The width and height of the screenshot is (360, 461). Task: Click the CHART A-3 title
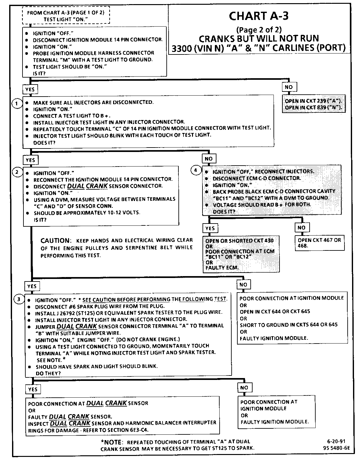(258, 16)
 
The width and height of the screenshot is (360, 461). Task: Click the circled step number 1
(16, 103)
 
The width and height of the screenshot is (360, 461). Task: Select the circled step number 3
(19, 299)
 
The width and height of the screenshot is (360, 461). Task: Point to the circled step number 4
(196, 170)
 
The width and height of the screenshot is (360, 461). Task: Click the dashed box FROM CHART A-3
(66, 16)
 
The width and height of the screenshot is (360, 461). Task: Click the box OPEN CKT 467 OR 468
(319, 243)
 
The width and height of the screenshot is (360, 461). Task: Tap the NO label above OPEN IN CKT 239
(289, 87)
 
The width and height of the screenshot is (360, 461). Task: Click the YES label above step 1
(30, 90)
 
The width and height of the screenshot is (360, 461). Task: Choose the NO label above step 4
(209, 159)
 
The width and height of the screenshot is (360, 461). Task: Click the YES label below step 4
(210, 228)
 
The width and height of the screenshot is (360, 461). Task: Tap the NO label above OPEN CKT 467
(301, 228)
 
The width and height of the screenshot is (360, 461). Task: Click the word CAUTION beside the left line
(55, 241)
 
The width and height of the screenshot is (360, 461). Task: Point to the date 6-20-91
(335, 441)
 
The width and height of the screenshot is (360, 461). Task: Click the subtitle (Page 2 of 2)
(259, 30)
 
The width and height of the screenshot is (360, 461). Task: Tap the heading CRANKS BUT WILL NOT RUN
(259, 39)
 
